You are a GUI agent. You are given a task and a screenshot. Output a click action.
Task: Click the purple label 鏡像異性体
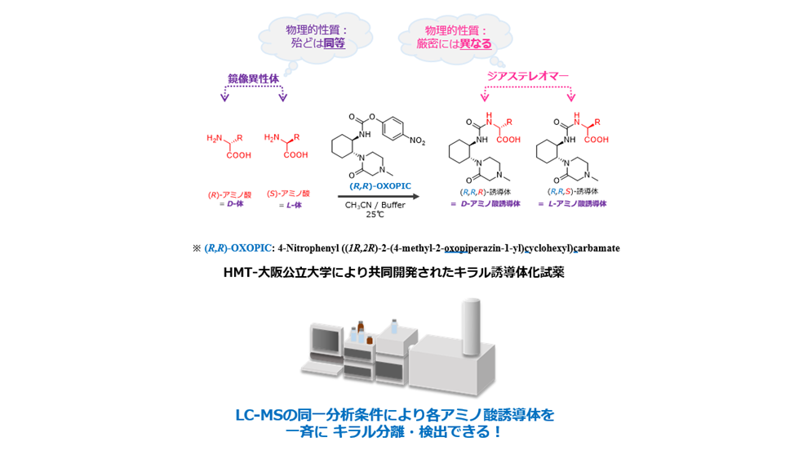coord(253,78)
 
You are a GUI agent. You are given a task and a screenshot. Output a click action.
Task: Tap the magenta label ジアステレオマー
coord(527,76)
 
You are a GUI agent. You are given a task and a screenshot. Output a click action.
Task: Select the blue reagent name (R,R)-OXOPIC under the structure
coord(380,185)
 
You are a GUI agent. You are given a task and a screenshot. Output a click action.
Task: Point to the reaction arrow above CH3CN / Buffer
coord(379,196)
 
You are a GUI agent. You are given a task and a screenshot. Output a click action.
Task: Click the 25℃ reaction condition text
coord(375,215)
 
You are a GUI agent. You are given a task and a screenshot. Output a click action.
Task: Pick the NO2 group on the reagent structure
coord(417,141)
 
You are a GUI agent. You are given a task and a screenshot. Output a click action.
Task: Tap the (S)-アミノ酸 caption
coord(288,194)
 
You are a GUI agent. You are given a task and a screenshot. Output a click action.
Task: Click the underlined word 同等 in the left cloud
coord(334,43)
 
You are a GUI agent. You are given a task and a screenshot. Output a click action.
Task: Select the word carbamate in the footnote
coord(596,248)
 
